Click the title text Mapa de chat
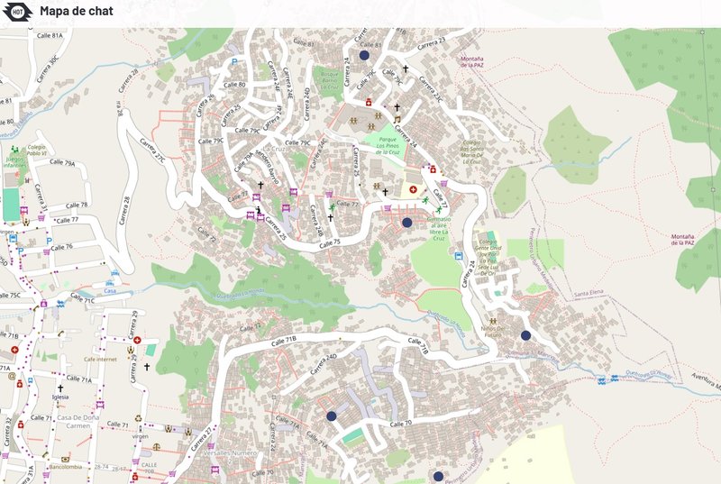pos(76,12)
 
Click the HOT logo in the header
pos(18,12)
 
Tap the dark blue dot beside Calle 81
pos(364,55)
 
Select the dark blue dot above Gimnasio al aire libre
pos(406,222)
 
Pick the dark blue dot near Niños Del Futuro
pos(525,335)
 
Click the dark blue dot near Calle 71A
pos(332,416)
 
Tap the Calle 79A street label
pos(62,163)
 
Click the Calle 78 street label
pos(77,205)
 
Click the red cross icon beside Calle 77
pos(414,190)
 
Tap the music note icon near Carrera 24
pos(397,118)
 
